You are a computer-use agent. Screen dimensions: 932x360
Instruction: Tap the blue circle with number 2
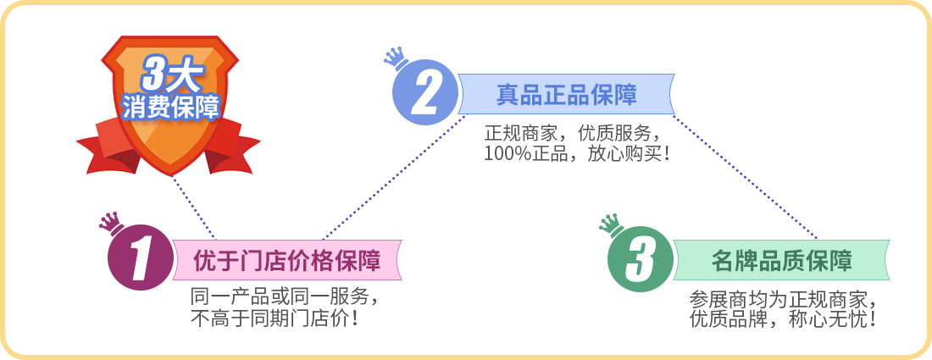(x=425, y=92)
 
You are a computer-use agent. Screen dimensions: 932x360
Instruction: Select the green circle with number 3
(x=641, y=259)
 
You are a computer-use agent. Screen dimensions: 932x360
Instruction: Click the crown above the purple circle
(x=110, y=224)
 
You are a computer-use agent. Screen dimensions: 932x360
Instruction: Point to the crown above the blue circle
(x=396, y=58)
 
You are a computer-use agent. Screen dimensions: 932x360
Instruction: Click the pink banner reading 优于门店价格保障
(x=287, y=260)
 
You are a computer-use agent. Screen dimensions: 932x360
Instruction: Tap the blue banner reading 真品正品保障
(x=567, y=95)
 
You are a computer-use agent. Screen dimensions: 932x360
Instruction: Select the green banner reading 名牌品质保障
(x=781, y=260)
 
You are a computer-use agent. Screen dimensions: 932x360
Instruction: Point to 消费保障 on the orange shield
(x=170, y=108)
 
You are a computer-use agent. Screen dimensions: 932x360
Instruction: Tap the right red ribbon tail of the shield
(x=232, y=147)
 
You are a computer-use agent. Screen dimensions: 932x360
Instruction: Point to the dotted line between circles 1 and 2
(x=395, y=177)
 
